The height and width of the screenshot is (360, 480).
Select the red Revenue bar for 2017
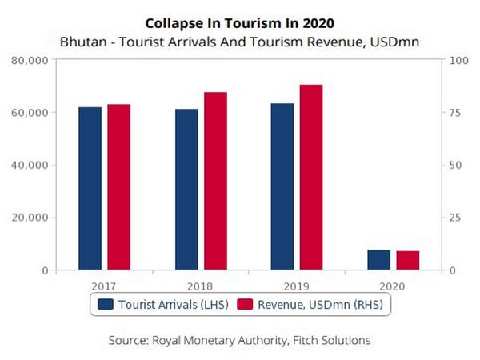pyautogui.click(x=118, y=187)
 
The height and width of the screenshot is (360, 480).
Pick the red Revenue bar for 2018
pyautogui.click(x=215, y=181)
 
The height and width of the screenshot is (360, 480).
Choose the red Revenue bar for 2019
pyautogui.click(x=310, y=177)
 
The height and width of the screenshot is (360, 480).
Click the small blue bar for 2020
pyautogui.click(x=379, y=260)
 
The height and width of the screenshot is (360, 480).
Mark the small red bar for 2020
pyautogui.click(x=407, y=261)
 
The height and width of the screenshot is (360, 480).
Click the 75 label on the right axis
pyautogui.click(x=454, y=113)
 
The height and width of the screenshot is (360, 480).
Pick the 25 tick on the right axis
pyautogui.click(x=454, y=218)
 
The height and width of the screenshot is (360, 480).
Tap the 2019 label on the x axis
pyautogui.click(x=296, y=286)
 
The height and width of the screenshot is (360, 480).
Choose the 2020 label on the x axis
pyautogui.click(x=393, y=286)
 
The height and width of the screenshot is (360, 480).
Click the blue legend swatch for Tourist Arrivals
pyautogui.click(x=106, y=304)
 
